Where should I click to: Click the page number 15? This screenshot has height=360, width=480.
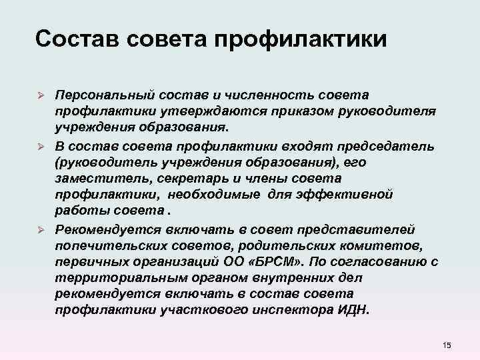(446, 344)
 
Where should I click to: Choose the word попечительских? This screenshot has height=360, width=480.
(107, 246)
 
